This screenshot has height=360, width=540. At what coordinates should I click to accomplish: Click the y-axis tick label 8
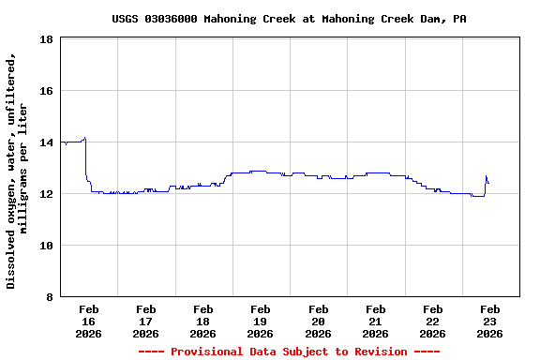[x=49, y=297]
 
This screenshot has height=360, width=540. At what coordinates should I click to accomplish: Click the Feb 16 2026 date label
[x=89, y=321]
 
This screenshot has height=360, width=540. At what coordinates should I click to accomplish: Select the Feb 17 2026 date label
[x=146, y=321]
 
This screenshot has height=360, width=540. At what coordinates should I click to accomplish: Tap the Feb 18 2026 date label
[x=203, y=321]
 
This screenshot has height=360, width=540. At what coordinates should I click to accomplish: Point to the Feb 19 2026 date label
[x=261, y=321]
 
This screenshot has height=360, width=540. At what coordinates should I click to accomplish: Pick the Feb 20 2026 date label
[x=318, y=321]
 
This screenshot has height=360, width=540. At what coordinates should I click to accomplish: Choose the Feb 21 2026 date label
[x=376, y=321]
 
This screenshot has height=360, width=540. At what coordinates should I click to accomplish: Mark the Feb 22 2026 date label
[x=433, y=321]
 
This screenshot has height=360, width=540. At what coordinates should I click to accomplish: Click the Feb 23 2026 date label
[x=490, y=321]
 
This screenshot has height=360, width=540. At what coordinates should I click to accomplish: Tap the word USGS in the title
[x=125, y=19]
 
